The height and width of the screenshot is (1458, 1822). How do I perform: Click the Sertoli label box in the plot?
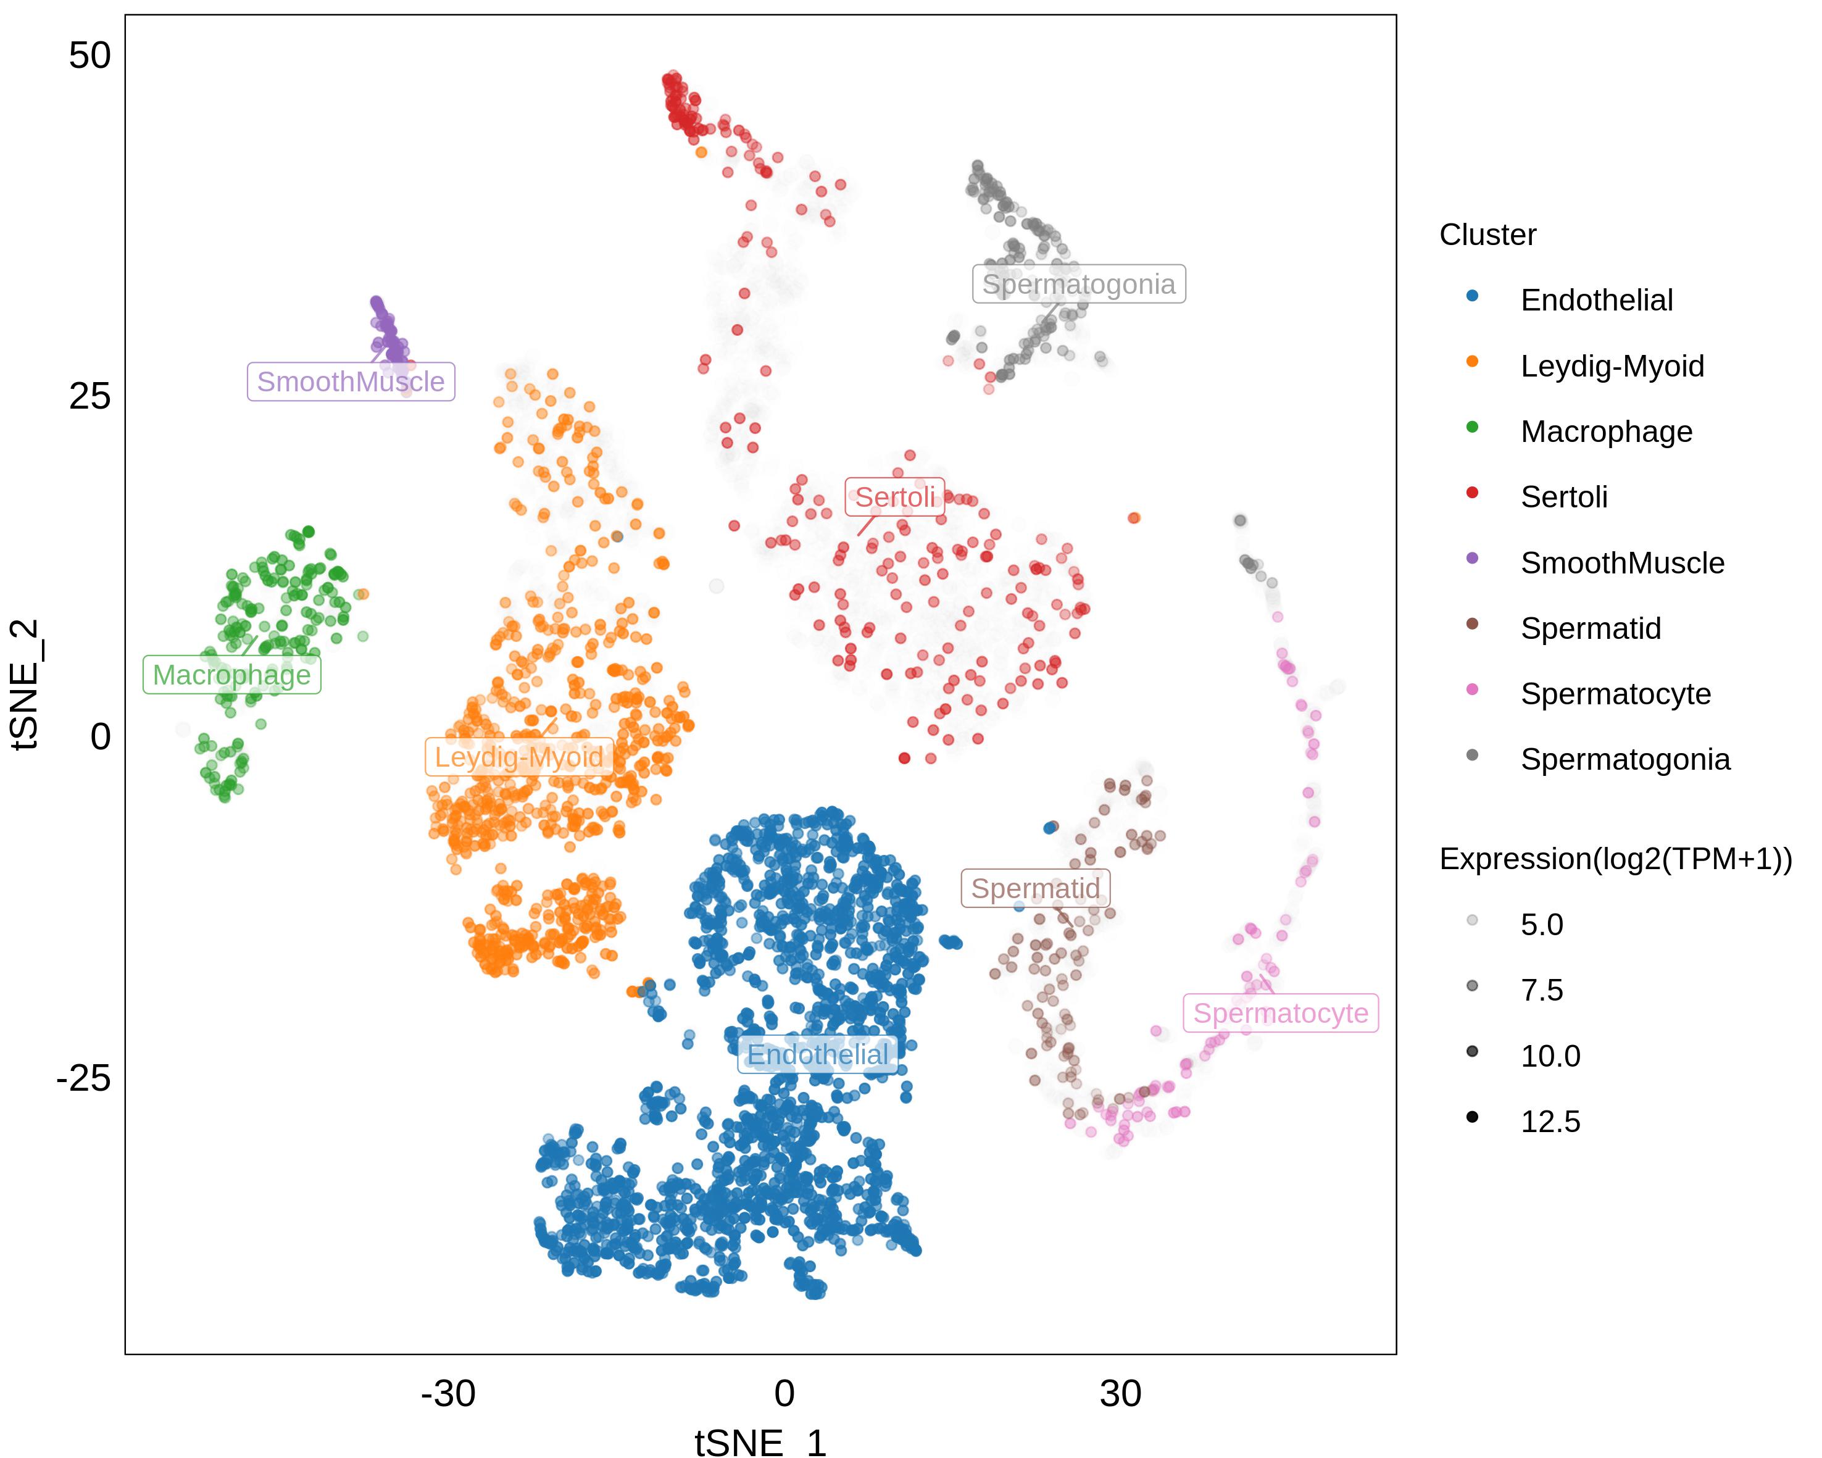click(x=895, y=497)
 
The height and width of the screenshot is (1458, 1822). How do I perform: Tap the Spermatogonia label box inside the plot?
click(x=1078, y=284)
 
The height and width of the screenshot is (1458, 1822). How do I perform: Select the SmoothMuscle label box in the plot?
click(x=351, y=381)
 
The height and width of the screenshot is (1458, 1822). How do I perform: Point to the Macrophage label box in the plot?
click(x=231, y=675)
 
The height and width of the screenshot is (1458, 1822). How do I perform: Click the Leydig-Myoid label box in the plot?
click(x=519, y=757)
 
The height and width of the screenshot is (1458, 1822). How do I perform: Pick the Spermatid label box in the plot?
click(x=1035, y=888)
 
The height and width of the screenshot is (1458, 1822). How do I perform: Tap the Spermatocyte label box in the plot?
click(x=1280, y=1012)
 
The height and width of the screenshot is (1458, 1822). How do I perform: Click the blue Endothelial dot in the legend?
click(x=1472, y=296)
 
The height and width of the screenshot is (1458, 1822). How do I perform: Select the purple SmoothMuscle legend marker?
click(x=1472, y=558)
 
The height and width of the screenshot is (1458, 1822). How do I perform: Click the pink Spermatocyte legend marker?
click(x=1472, y=689)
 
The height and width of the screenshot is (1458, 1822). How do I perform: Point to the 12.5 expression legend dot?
click(x=1472, y=1117)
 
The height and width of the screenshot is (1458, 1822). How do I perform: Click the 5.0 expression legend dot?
click(x=1472, y=920)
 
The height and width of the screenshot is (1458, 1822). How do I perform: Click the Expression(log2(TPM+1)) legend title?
click(x=1616, y=859)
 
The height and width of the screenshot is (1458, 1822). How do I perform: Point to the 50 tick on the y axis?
click(x=89, y=56)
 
